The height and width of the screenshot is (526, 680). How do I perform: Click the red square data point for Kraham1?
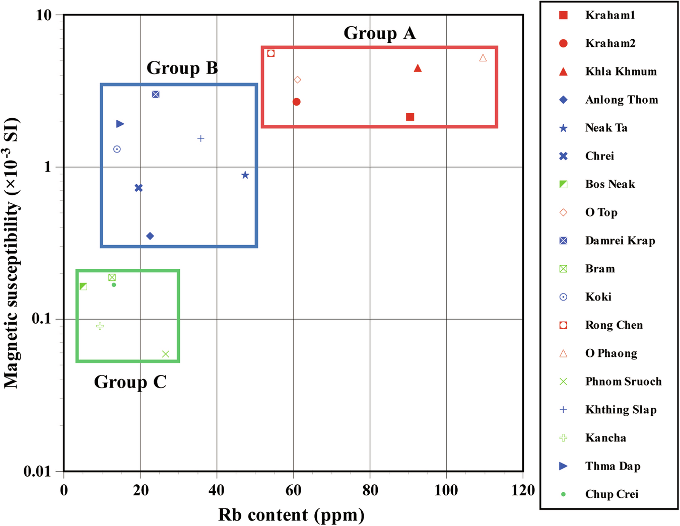tap(410, 117)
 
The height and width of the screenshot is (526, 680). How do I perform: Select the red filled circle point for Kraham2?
tap(297, 102)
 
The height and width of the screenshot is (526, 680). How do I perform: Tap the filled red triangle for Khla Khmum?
tap(418, 68)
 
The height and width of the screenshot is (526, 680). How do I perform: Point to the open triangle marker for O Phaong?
tap(483, 58)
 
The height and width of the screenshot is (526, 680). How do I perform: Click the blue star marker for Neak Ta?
tap(245, 175)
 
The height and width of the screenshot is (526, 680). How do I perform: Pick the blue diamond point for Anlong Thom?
tap(150, 236)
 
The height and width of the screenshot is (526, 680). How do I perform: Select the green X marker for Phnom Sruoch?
tap(166, 354)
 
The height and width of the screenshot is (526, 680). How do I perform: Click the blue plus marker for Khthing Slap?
tap(200, 138)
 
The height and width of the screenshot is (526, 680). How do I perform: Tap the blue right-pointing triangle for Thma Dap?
tap(120, 124)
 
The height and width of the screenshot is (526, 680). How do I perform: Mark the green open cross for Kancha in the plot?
tap(100, 326)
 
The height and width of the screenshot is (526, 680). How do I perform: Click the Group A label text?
tap(380, 33)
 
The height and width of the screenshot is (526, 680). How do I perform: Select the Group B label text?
tap(182, 68)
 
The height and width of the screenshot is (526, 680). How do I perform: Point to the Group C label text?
tap(130, 382)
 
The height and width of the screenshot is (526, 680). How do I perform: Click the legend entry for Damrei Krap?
tap(620, 241)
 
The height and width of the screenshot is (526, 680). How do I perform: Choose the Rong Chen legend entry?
tap(614, 325)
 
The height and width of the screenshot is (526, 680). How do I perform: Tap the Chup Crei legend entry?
tap(611, 494)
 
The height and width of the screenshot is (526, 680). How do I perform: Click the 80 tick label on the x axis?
tap(370, 490)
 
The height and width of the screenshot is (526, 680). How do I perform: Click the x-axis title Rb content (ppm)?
tap(291, 515)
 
